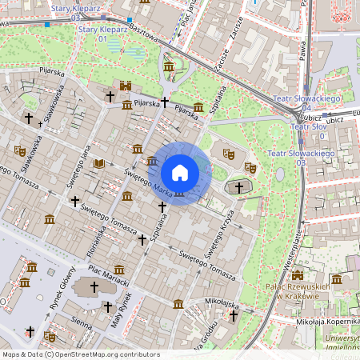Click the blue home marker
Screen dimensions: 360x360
pyautogui.click(x=179, y=172)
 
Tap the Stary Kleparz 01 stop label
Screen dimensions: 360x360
pyautogui.click(x=92, y=34)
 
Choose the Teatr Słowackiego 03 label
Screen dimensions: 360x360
pyautogui.click(x=298, y=157)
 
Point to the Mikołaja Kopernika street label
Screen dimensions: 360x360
pyautogui.click(x=324, y=322)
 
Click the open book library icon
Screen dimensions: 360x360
pyautogui.click(x=98, y=163)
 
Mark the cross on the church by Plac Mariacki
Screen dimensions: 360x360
pyautogui.click(x=94, y=286)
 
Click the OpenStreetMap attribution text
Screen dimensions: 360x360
pyautogui.click(x=80, y=354)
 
